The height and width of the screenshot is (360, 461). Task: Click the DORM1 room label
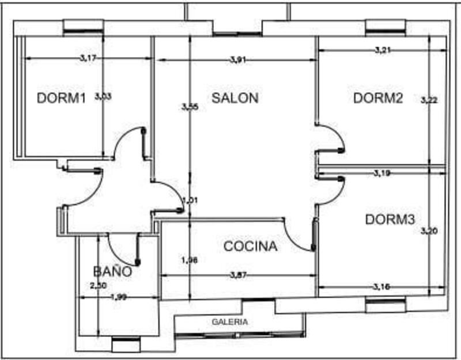click(x=61, y=98)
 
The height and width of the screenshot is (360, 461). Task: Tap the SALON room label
click(x=235, y=98)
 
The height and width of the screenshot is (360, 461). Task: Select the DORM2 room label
click(x=377, y=98)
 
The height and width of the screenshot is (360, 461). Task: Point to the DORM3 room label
click(x=390, y=219)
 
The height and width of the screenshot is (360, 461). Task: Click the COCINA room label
click(x=250, y=247)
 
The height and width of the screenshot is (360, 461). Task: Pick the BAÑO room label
click(x=112, y=271)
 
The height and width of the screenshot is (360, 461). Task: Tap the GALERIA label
click(x=230, y=322)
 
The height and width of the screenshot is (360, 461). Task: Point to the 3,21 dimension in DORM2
click(x=383, y=50)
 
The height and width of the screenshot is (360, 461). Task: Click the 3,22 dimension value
click(x=429, y=100)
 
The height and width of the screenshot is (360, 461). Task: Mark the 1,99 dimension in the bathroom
click(x=118, y=297)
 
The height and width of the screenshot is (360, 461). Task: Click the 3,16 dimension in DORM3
click(x=381, y=286)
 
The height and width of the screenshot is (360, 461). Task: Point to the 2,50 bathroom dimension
click(x=99, y=285)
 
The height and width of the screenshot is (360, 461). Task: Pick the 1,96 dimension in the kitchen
click(x=190, y=260)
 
